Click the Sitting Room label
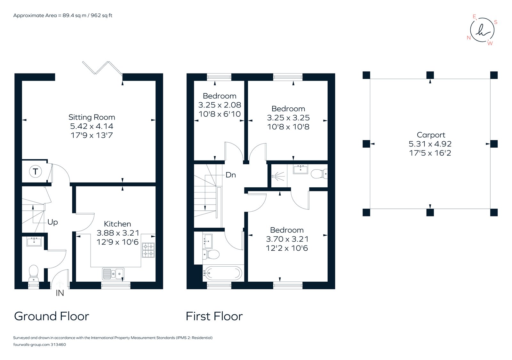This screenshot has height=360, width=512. [x=92, y=117]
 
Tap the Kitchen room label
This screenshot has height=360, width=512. [x=117, y=224]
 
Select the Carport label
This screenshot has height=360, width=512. [x=431, y=135]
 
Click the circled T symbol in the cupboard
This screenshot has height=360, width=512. [x=35, y=172]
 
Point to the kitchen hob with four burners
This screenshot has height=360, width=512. [x=148, y=250]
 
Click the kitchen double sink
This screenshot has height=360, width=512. [x=113, y=274]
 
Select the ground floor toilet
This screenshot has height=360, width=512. [x=34, y=273]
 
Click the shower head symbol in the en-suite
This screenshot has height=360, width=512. [x=277, y=176]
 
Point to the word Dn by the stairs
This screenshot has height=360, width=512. [x=231, y=175]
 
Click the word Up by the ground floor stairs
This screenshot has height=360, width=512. [x=52, y=222]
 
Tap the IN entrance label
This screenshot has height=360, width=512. [x=60, y=293]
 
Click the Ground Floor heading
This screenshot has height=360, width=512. [x=52, y=316]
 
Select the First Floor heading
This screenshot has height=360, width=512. [x=214, y=316]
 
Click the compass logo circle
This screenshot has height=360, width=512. [x=482, y=30]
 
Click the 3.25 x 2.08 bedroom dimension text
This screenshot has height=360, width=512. [x=220, y=105]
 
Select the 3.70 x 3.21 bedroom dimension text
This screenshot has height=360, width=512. [x=287, y=239]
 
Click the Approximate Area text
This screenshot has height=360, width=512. [x=63, y=15]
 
